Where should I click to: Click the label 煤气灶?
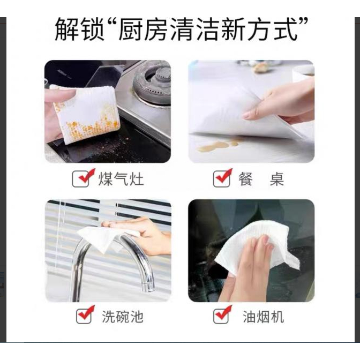[x=121, y=179]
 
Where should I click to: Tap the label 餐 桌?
[x=261, y=179]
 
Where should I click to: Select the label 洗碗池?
[x=123, y=317]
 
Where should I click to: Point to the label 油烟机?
[x=264, y=317]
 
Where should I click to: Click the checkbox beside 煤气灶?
[x=81, y=179]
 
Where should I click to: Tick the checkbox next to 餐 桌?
[x=222, y=179]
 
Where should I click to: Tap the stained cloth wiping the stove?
[x=85, y=114]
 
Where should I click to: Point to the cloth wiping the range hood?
[x=257, y=248]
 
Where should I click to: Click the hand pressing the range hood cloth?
[x=248, y=268]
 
